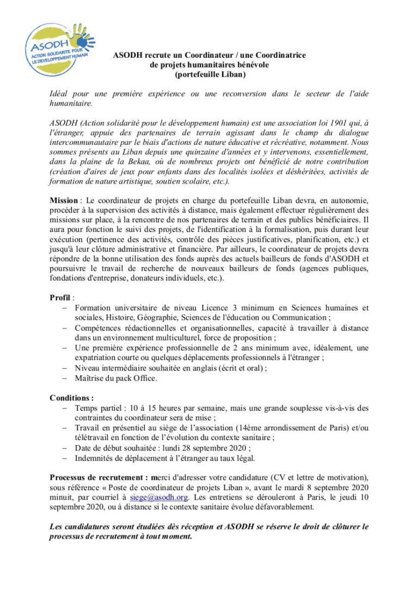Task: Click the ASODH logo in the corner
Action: [59, 44]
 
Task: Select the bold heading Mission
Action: [64, 200]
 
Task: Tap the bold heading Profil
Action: [60, 297]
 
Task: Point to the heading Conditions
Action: [71, 398]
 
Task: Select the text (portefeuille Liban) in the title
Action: [210, 74]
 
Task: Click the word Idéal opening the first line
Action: [59, 94]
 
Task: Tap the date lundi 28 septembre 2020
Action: [207, 448]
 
